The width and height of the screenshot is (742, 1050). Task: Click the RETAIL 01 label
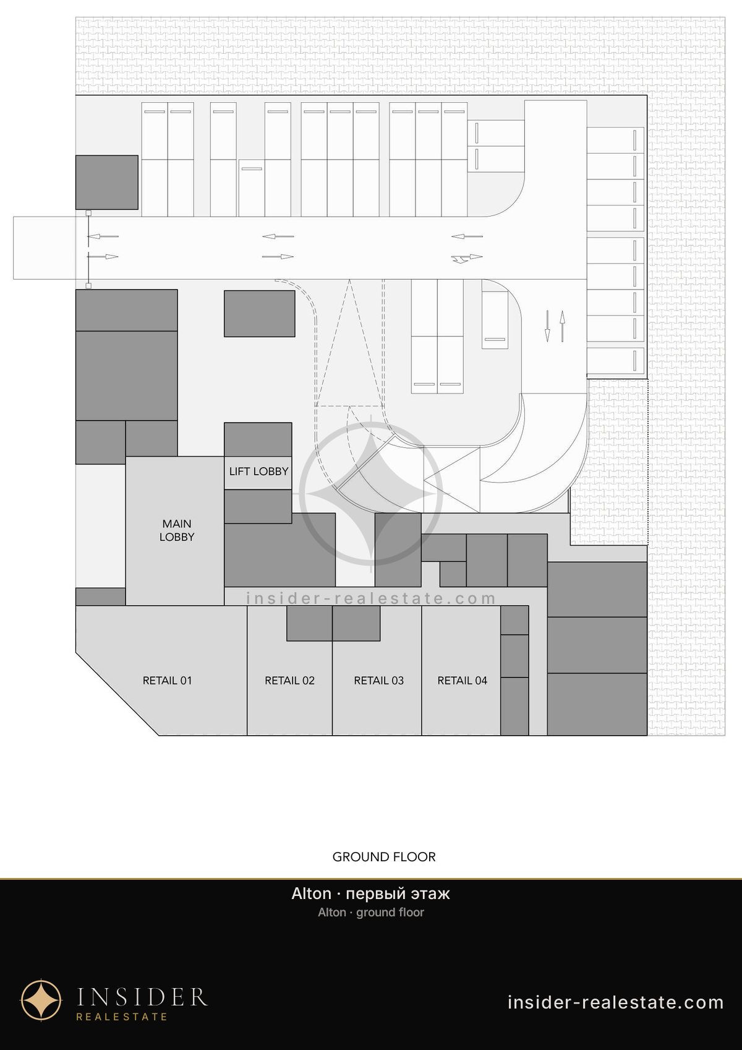(x=167, y=681)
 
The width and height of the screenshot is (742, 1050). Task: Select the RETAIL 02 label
(x=289, y=681)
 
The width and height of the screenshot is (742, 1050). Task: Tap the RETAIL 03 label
(x=378, y=681)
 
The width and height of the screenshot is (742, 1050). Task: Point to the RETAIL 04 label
(x=463, y=681)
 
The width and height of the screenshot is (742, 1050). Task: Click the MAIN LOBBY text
(x=177, y=530)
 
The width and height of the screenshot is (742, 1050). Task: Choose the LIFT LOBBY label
(x=258, y=471)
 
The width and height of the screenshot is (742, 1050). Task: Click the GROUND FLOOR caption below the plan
(x=384, y=857)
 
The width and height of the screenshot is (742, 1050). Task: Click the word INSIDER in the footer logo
(x=142, y=996)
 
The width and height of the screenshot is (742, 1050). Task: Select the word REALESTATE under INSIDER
(x=122, y=1017)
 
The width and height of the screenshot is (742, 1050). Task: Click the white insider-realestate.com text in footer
(x=616, y=1002)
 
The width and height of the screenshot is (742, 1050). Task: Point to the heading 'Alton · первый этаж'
(x=370, y=893)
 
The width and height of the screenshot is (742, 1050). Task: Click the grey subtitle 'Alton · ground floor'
(x=370, y=913)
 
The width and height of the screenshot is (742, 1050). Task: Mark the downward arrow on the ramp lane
(x=547, y=326)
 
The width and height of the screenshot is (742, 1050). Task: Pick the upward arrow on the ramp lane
(x=562, y=326)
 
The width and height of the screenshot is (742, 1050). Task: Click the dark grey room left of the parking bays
(x=107, y=183)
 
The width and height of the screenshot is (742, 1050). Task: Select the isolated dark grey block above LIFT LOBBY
(x=260, y=313)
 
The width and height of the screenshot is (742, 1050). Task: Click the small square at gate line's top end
(x=88, y=213)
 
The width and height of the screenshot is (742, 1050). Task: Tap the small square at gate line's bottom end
(x=88, y=285)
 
